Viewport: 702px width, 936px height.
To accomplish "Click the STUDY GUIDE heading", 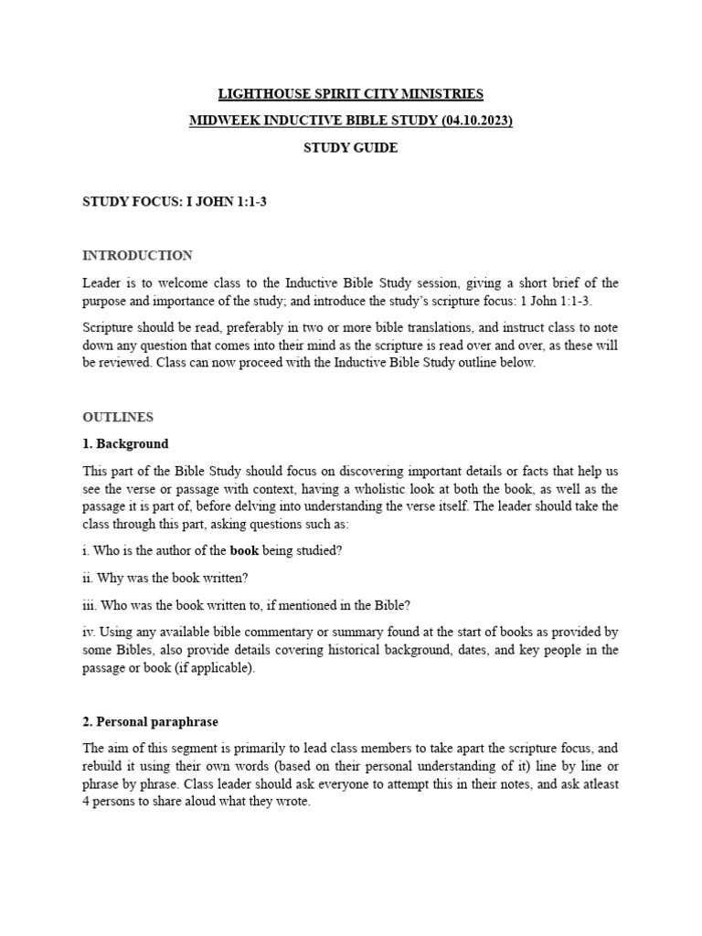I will point(351,148).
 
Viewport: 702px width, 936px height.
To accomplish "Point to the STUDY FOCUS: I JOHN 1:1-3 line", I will point(175,202).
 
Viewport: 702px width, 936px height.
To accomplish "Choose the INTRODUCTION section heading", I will point(137,255).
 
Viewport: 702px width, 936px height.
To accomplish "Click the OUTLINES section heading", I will point(118,417).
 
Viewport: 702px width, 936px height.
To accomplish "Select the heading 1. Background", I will point(126,444).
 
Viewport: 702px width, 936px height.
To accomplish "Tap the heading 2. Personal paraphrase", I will point(151,722).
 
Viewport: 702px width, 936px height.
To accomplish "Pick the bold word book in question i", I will point(244,550).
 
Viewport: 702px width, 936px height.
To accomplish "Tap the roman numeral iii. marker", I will point(90,605).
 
